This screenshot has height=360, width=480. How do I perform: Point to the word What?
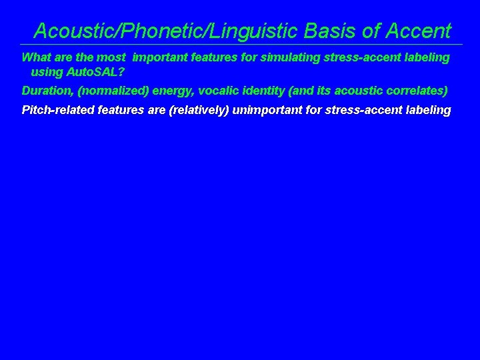(x=36, y=57)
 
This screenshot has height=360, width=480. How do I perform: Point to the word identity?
(x=265, y=90)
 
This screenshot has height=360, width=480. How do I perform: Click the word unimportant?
(x=267, y=110)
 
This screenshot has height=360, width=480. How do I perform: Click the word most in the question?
(x=110, y=57)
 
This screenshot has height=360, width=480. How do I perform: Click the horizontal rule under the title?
(x=240, y=45)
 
